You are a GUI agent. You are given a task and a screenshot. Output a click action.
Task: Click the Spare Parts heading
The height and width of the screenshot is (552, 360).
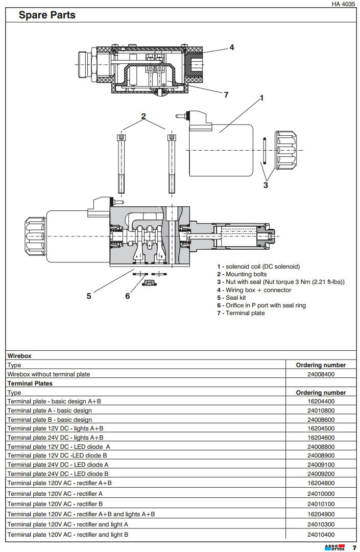[x=47, y=15]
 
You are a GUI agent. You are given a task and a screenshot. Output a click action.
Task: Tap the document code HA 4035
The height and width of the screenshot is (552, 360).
[x=343, y=4]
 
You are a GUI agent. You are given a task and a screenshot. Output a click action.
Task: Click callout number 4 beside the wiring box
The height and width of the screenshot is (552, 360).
[x=231, y=47]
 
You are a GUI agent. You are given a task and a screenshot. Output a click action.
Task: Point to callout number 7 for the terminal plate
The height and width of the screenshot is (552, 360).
[x=226, y=94]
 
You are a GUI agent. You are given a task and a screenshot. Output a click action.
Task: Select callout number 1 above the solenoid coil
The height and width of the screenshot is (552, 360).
[x=261, y=98]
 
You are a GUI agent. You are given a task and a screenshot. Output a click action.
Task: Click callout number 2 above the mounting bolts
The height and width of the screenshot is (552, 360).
[x=143, y=116]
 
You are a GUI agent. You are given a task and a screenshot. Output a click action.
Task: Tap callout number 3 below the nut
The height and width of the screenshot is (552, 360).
[x=266, y=185]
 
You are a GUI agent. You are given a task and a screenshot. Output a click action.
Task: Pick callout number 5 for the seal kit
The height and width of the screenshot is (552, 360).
[x=89, y=296]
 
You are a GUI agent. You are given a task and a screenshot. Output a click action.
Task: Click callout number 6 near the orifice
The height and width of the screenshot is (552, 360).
[x=127, y=296]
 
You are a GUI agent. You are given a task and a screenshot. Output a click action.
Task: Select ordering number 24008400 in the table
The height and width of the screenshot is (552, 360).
[x=321, y=374]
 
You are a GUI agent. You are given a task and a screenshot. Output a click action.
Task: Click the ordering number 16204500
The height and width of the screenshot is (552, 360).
[x=321, y=428]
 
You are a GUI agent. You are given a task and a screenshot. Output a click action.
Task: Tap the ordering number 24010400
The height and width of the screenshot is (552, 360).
[x=321, y=535]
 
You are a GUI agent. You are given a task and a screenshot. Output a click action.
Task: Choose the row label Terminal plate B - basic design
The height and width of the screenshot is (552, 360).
[x=50, y=420]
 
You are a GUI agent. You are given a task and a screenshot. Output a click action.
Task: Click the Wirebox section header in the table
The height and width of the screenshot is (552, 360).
[x=19, y=355]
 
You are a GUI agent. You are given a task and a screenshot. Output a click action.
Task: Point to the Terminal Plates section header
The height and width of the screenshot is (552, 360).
[x=30, y=383]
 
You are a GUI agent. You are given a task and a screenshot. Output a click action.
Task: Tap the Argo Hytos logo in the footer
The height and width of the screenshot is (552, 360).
[x=334, y=547]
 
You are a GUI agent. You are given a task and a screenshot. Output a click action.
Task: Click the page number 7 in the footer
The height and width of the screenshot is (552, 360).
[x=354, y=547]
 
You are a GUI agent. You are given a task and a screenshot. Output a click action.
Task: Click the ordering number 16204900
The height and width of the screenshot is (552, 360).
[x=321, y=514]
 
